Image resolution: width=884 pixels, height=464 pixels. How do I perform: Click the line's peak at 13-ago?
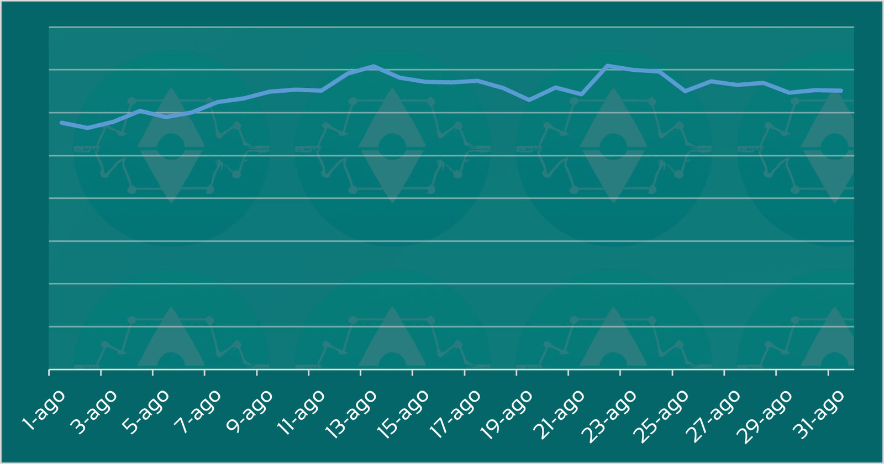(x=374, y=66)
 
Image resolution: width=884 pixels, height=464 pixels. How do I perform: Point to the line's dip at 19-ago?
(x=529, y=100)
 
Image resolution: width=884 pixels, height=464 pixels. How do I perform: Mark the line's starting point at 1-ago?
(x=61, y=123)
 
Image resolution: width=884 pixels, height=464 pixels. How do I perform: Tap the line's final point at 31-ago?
(x=841, y=91)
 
